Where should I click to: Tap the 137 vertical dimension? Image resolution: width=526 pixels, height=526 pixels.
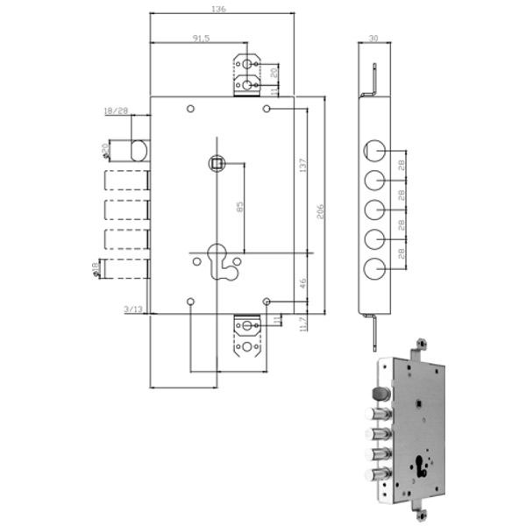pos(302,167)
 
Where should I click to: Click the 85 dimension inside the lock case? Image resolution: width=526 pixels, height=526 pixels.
pos(240,208)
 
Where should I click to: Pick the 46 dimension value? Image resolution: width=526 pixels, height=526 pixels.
pos(302,282)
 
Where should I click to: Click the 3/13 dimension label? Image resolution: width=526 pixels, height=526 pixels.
pos(133,309)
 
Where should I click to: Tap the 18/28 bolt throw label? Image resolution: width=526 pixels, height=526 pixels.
pos(116,111)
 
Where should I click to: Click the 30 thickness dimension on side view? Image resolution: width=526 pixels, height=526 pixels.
pos(373,38)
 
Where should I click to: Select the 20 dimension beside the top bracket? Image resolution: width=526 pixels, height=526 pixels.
pos(274,72)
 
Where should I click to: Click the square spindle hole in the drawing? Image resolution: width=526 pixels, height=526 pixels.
pos(216,162)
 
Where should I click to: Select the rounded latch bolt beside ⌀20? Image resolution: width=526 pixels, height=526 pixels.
pos(139,149)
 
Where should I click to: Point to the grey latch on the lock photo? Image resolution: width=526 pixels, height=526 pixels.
pos(381,391)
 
